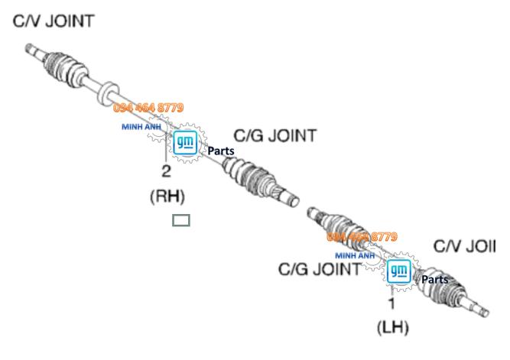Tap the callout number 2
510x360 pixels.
click(166, 170)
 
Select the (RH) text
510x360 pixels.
click(167, 196)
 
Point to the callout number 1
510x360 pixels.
click(391, 303)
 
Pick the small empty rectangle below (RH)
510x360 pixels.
click(181, 221)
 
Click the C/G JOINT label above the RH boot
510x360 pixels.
click(274, 136)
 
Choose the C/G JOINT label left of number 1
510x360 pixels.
click(319, 269)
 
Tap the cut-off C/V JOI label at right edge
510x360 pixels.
click(464, 246)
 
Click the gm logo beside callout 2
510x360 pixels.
click(185, 142)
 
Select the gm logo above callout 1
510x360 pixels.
click(398, 271)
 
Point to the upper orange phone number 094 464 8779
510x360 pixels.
click(148, 109)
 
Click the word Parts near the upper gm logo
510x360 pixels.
click(221, 151)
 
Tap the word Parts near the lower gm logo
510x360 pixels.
click(435, 280)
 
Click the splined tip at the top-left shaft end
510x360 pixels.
click(31, 50)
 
